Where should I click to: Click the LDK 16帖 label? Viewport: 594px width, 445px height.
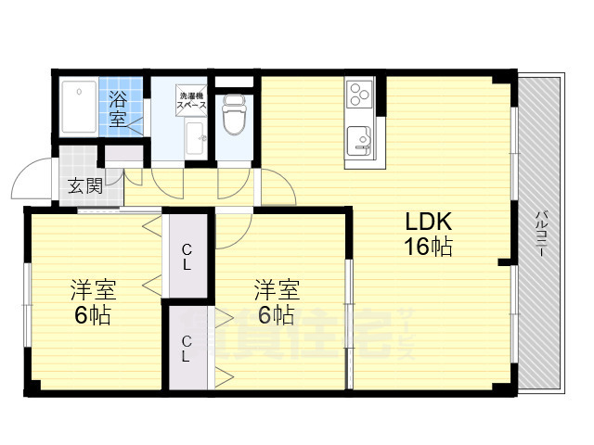[427, 235]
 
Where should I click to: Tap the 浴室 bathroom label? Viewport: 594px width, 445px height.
[119, 108]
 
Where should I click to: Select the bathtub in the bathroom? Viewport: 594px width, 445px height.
[78, 108]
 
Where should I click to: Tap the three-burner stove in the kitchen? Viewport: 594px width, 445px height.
[358, 93]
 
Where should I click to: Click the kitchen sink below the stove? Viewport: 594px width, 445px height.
[358, 142]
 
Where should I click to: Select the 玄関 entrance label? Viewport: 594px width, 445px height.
[84, 185]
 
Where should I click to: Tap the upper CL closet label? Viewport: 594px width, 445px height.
[187, 256]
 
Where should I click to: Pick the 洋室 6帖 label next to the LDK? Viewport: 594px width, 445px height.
[277, 302]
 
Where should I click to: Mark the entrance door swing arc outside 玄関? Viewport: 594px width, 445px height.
[35, 176]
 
